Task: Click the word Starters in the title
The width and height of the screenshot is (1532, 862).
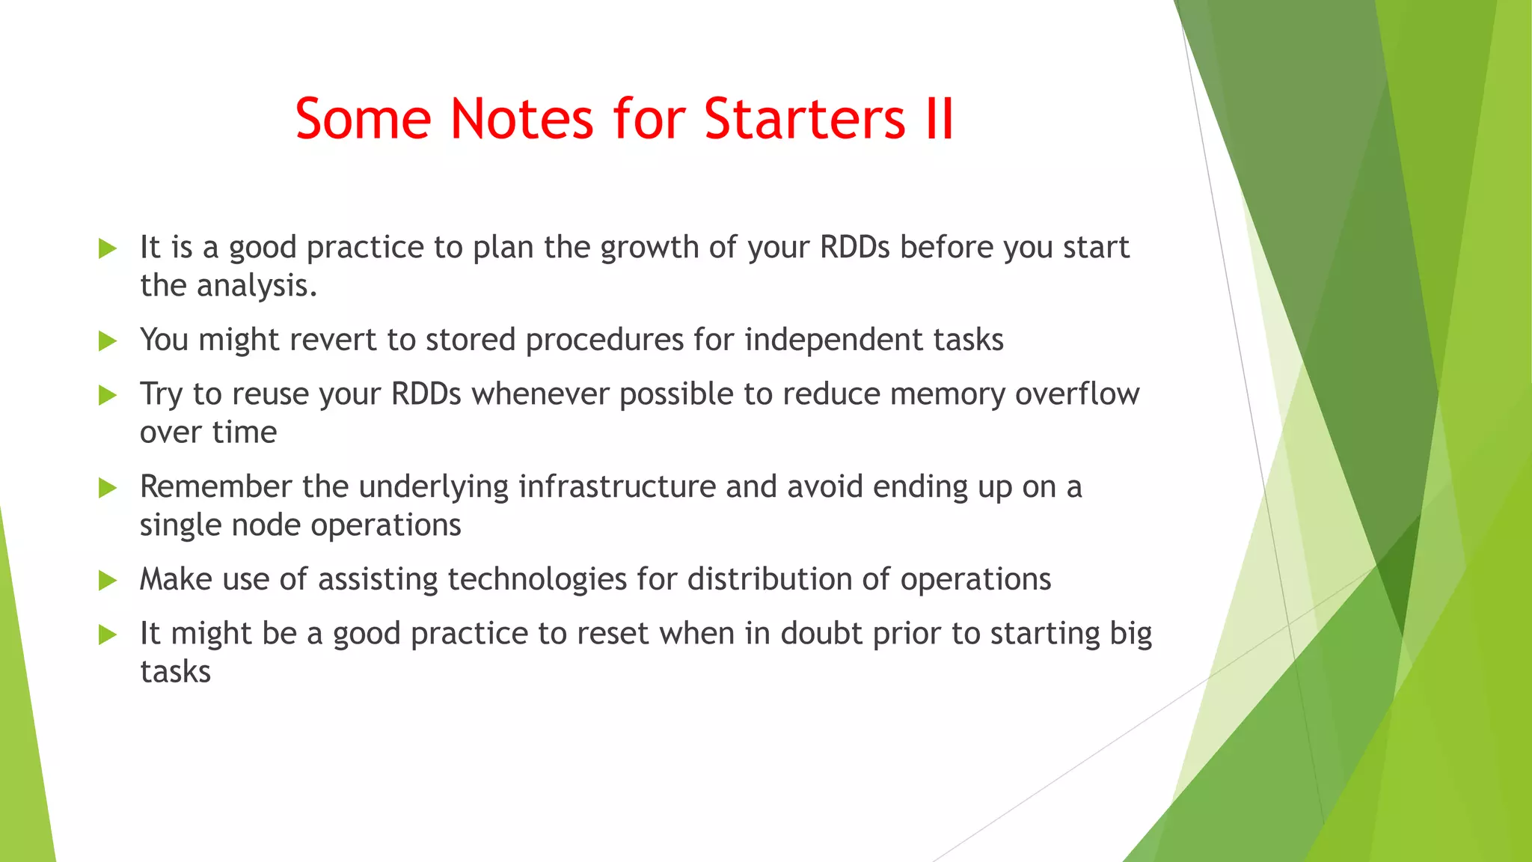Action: tap(804, 119)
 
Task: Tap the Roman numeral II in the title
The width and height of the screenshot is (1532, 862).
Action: tap(940, 119)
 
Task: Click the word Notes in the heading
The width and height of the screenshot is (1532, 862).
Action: tap(521, 119)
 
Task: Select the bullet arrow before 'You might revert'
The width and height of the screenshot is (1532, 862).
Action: tap(108, 341)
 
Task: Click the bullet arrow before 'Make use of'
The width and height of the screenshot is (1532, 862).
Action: tap(108, 581)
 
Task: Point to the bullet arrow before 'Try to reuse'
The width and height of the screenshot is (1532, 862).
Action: tap(108, 395)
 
